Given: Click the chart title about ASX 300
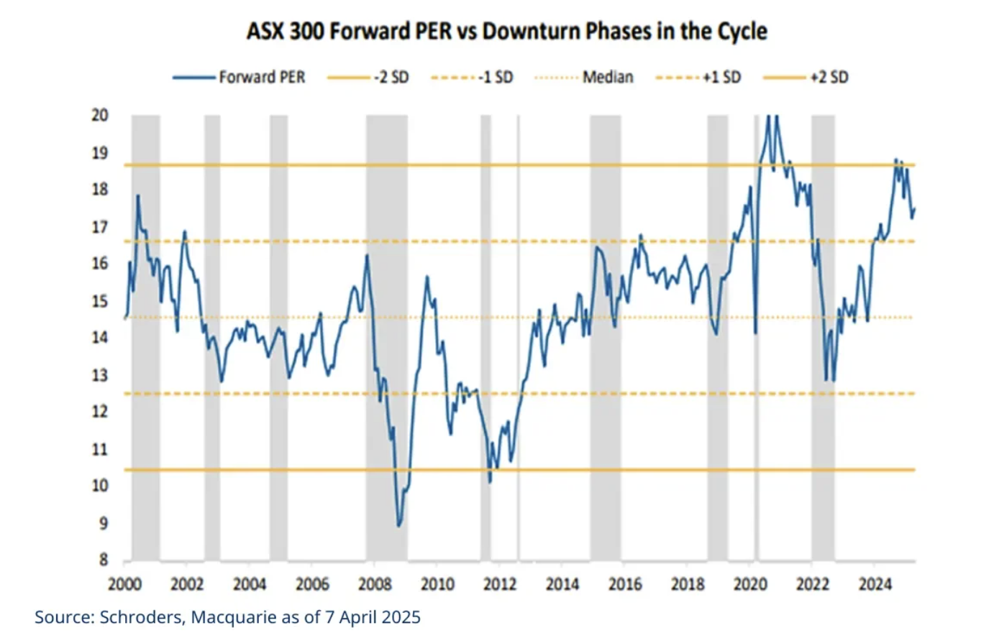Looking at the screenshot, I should point(507,32).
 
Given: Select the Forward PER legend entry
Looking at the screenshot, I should point(262,78).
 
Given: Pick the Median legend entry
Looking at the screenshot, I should point(608,78).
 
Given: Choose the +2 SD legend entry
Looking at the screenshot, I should point(829,78).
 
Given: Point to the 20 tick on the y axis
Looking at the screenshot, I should point(99,115).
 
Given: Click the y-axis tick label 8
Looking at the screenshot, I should point(104,560).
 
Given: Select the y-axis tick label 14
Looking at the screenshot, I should point(99,338).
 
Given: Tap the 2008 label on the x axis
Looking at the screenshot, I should point(375,584).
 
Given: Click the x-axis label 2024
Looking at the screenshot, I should point(875,584).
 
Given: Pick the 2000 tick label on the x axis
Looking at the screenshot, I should point(124,584).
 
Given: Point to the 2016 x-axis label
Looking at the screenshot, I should point(625,584).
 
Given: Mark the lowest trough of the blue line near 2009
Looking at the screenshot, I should point(399,526).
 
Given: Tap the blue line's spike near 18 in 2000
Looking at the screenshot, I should point(137,196).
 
